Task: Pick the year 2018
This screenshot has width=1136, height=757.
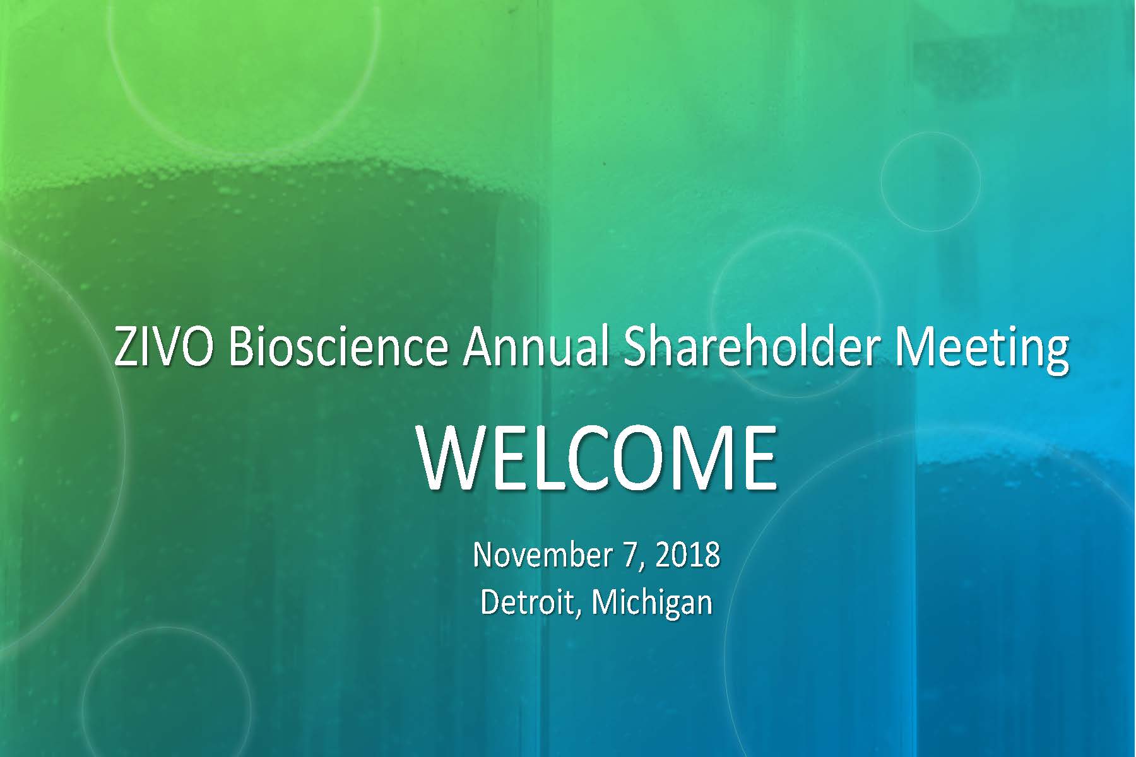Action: [x=688, y=555]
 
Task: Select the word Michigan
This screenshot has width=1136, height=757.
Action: [x=653, y=604]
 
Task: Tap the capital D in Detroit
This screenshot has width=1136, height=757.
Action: [x=492, y=602]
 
